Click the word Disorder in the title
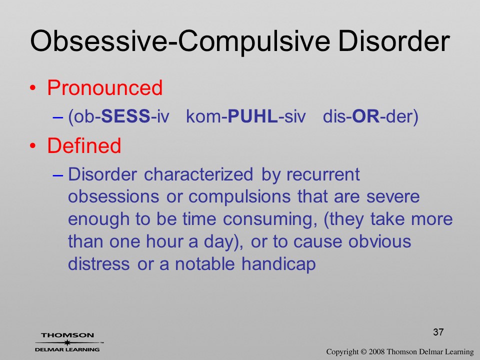coord(394,40)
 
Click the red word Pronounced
coord(104,88)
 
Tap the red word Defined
coord(84,145)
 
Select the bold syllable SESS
coord(125,116)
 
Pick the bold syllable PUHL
coord(253,116)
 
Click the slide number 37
coord(438,332)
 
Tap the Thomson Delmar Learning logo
coord(68,342)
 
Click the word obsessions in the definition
coord(113,196)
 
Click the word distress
coord(99,264)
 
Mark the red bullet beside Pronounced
coord(33,88)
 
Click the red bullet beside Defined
coord(33,146)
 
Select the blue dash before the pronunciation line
coord(58,117)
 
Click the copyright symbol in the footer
coord(363,351)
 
